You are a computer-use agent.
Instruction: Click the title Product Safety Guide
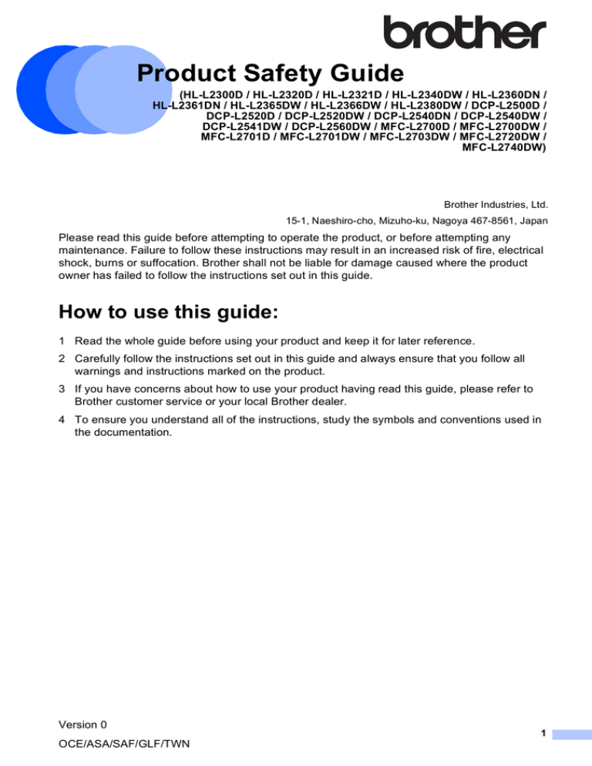click(x=270, y=74)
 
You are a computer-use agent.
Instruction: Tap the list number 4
click(x=62, y=420)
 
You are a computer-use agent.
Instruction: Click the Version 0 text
click(x=82, y=724)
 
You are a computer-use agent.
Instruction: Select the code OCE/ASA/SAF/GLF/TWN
click(x=124, y=745)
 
